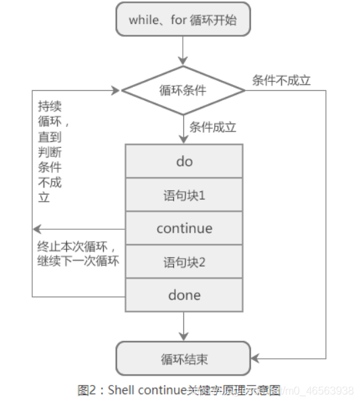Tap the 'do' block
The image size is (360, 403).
[184, 161]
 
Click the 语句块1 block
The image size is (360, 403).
[184, 195]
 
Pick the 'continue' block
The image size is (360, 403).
[184, 229]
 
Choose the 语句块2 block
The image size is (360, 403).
[184, 262]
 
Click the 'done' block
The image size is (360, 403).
[184, 295]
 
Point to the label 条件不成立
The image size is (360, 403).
[281, 80]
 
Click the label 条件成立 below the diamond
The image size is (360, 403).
[213, 127]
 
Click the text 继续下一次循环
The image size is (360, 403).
[79, 261]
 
